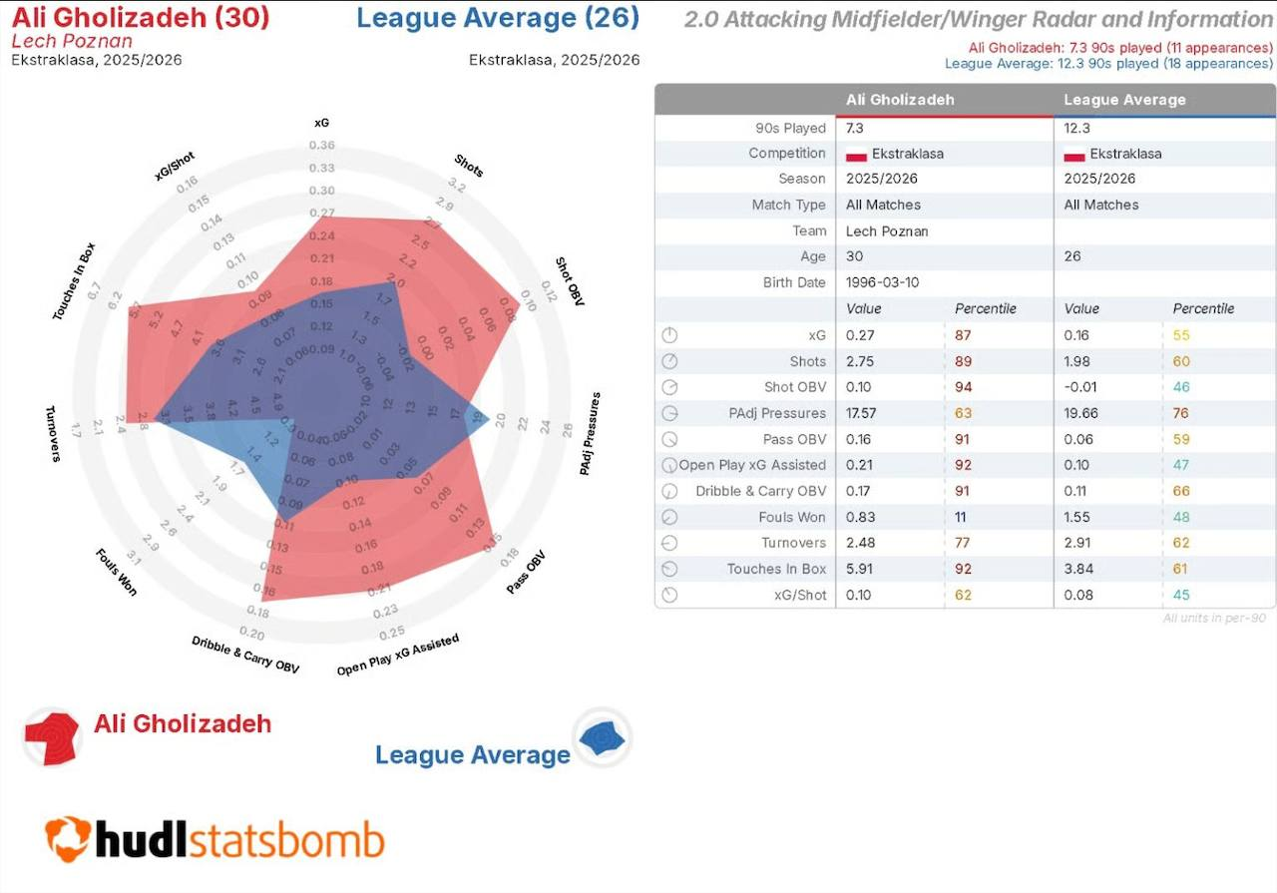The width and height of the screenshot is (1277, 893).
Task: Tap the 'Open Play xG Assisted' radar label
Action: coord(398,655)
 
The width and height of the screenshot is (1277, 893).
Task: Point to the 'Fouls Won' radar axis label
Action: coord(117,572)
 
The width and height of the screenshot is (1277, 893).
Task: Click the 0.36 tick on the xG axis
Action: coord(321,146)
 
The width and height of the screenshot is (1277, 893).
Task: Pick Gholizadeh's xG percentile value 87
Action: coord(963,335)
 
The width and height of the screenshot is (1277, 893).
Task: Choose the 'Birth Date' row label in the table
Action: coord(794,282)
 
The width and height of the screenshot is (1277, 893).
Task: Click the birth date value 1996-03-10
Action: coord(883,282)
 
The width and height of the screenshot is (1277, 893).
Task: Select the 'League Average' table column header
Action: coord(1124,100)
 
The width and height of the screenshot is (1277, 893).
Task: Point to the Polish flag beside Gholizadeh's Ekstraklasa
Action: coord(855,155)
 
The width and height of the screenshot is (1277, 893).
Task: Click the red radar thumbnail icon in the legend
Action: coord(50,737)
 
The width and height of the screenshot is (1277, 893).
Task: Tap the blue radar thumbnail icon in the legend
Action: coord(602,737)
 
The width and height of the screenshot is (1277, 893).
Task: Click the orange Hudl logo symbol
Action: coord(68,838)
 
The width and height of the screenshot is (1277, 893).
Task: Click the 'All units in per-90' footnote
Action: coord(1213,619)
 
